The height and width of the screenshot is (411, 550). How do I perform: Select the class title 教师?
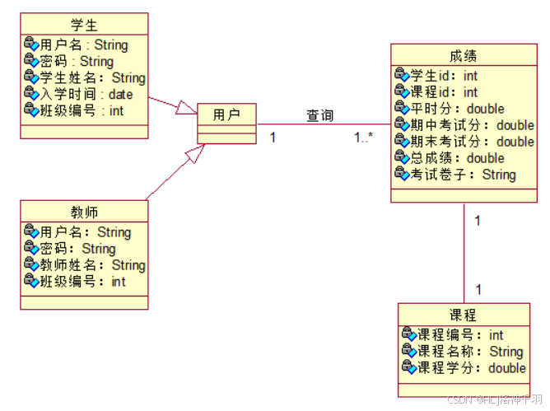[84, 212]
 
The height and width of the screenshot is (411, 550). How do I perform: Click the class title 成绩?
[463, 56]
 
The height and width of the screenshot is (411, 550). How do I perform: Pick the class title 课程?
[463, 315]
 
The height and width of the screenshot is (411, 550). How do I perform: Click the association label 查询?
[320, 115]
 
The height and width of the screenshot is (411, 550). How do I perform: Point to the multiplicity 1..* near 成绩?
[364, 138]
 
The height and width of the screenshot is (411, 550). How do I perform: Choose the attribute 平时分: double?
[457, 109]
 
